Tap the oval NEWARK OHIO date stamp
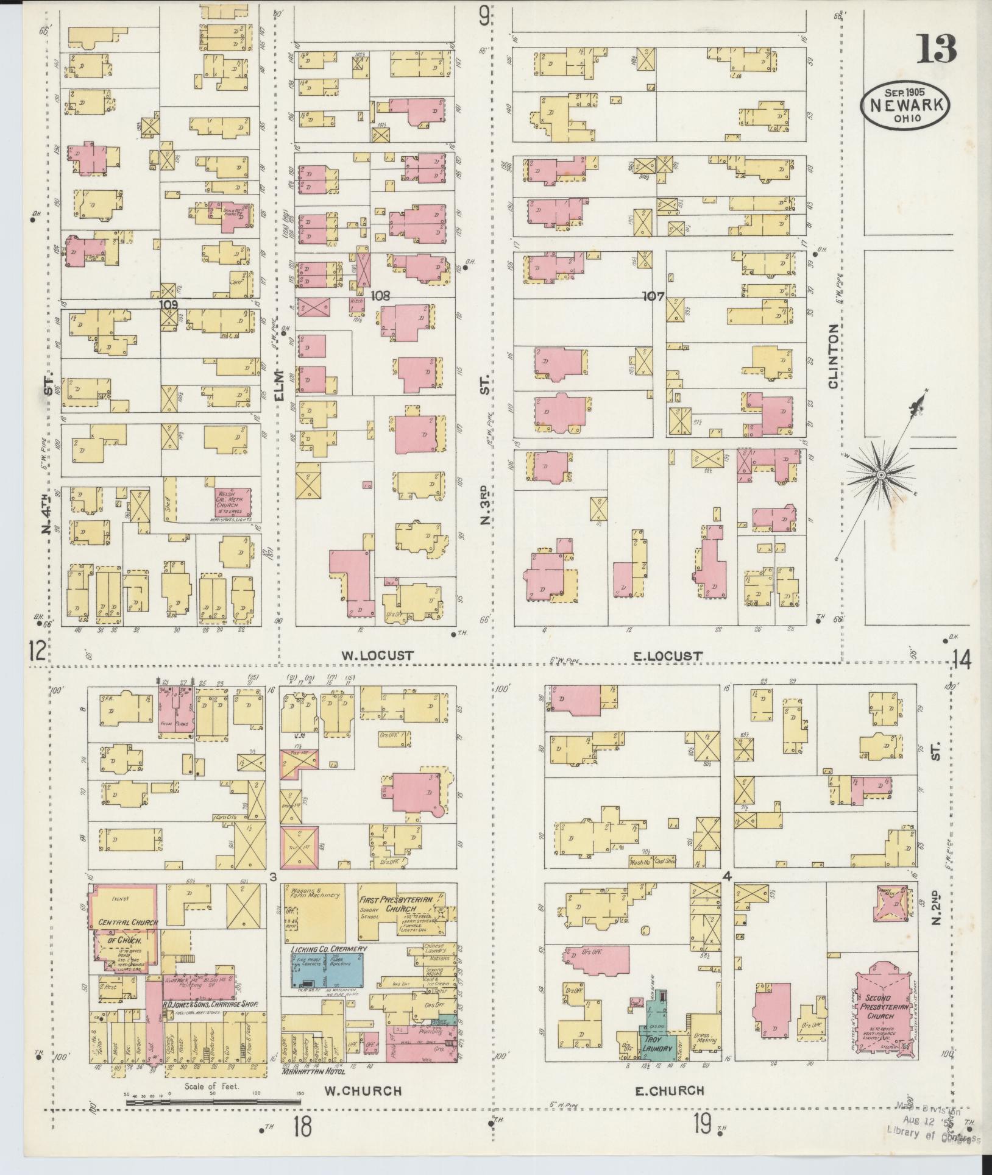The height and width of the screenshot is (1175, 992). [x=905, y=106]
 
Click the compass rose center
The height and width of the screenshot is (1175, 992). [x=881, y=474]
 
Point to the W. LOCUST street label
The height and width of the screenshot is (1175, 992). [x=377, y=656]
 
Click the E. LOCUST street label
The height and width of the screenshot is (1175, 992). [x=668, y=656]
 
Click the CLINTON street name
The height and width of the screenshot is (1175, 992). [x=834, y=357]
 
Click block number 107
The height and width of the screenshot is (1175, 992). [x=653, y=296]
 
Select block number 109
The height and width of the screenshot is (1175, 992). [x=168, y=302]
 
